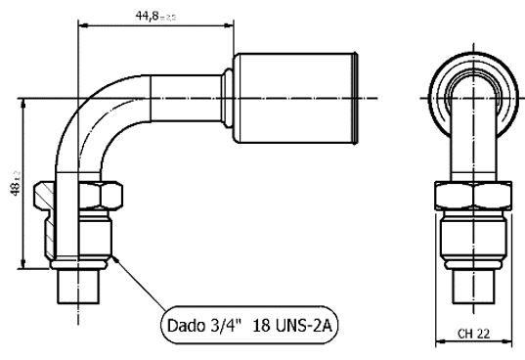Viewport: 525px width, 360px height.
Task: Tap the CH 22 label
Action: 475,334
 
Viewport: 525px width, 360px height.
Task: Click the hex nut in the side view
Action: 87,196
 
